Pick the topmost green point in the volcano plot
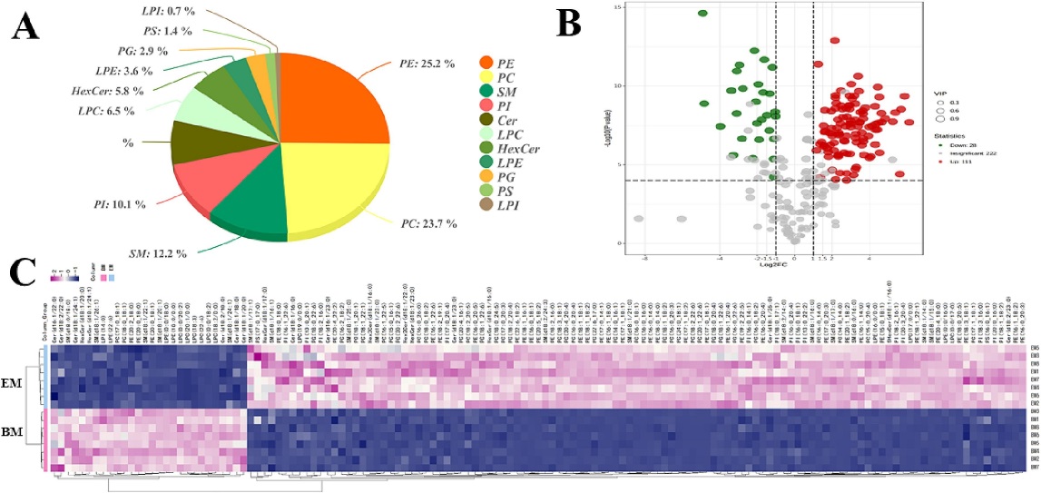[x=702, y=14]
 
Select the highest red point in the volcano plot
[x=834, y=40]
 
